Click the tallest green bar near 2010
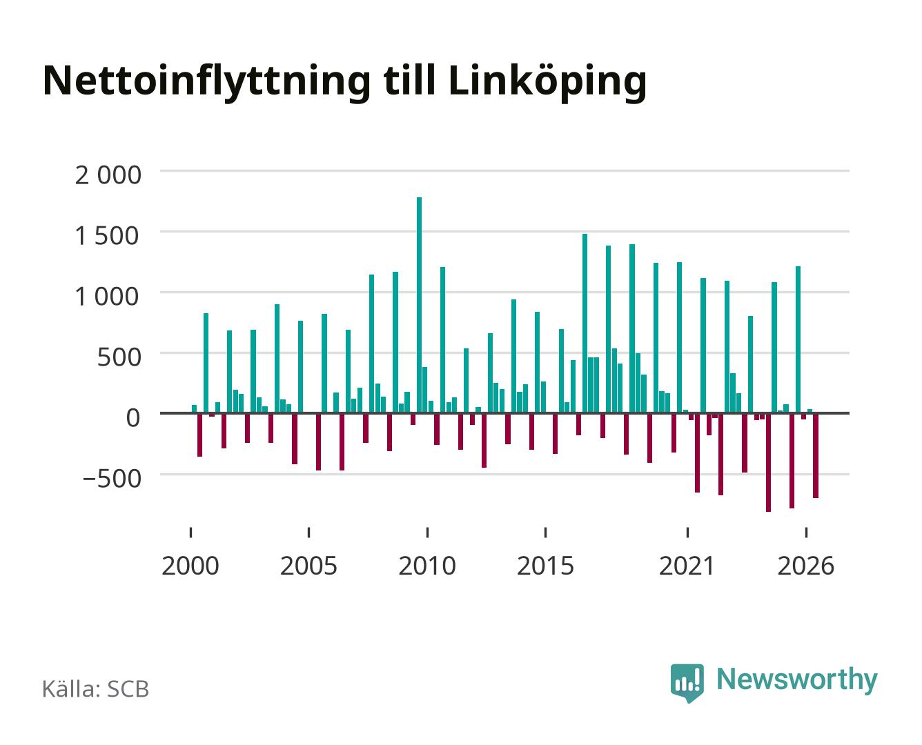(x=419, y=305)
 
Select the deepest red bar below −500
(x=768, y=462)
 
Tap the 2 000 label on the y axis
(x=108, y=175)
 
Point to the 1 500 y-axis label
(x=107, y=236)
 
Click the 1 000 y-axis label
(x=107, y=297)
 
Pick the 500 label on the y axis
(x=119, y=357)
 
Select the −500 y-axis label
(x=112, y=479)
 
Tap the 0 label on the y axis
(x=133, y=418)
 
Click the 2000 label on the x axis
(x=190, y=566)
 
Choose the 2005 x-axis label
(x=308, y=566)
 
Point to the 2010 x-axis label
(x=427, y=566)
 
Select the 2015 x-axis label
(x=545, y=566)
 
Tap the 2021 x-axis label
(x=687, y=566)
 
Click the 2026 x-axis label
(x=805, y=566)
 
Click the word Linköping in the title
(x=547, y=83)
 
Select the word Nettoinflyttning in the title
(x=207, y=83)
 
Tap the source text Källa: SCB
(x=96, y=689)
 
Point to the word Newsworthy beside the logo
(x=797, y=680)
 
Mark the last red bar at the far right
(x=816, y=455)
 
